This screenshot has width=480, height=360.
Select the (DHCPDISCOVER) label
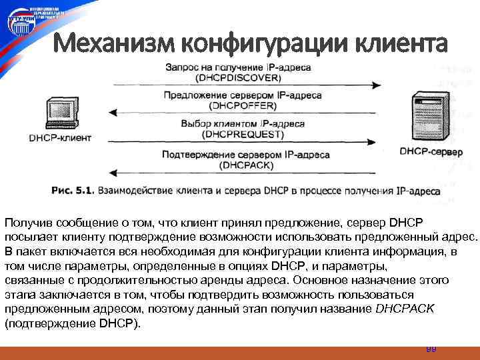click(x=239, y=77)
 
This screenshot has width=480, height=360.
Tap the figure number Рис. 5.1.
click(x=71, y=191)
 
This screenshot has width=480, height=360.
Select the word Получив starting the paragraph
click(x=25, y=222)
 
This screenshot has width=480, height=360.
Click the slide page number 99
click(x=431, y=349)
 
